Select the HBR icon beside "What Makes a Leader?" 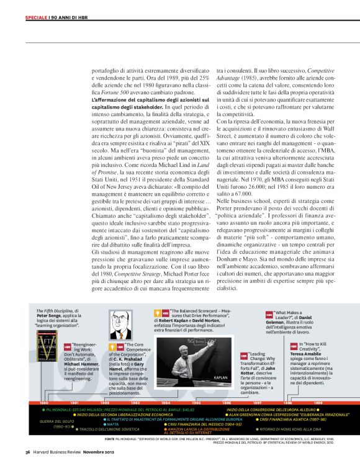[x=269, y=315]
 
